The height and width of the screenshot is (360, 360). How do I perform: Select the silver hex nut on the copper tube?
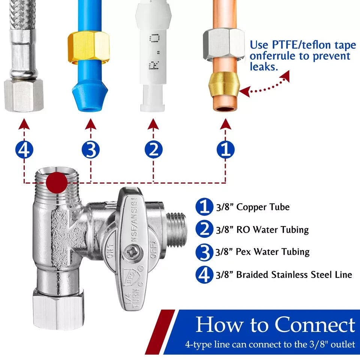click(x=223, y=45)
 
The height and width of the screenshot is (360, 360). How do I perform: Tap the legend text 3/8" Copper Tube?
click(x=252, y=207)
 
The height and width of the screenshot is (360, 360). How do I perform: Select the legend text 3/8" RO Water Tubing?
click(x=262, y=229)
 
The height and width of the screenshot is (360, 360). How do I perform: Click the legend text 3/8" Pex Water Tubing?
click(x=262, y=252)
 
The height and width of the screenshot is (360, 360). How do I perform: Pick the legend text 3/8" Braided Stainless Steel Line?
click(x=284, y=274)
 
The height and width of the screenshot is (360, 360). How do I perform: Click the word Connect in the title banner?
click(x=314, y=325)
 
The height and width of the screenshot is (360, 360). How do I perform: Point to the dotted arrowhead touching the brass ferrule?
click(x=245, y=91)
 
